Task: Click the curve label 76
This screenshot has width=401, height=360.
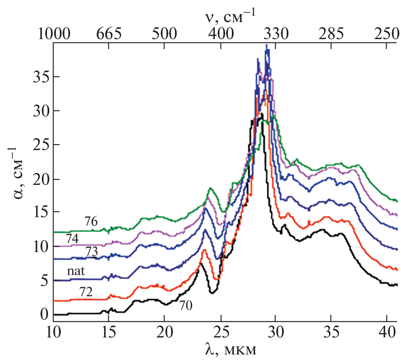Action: (90, 221)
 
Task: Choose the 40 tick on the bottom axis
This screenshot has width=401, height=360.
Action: (387, 333)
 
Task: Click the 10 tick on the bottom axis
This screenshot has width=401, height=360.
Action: (53, 333)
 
